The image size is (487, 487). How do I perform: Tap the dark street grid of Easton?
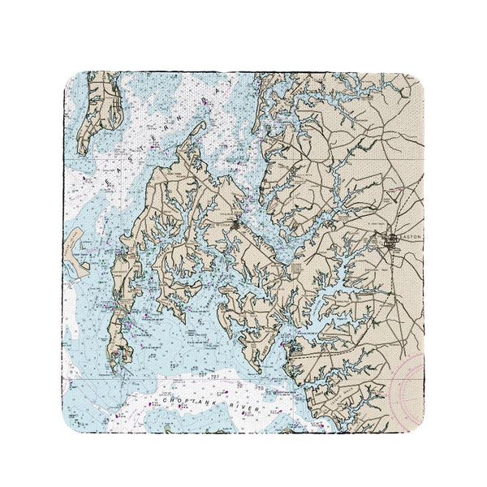393,240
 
